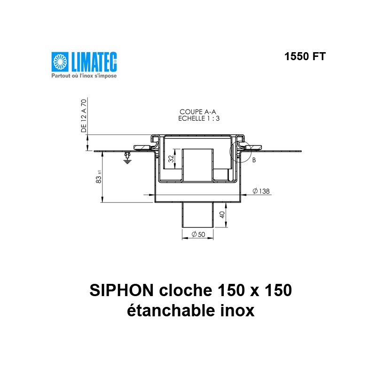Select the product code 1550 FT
pos(305,56)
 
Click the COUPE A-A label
pos(197,112)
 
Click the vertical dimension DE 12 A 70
pos(84,116)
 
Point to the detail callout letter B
pos(254,160)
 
